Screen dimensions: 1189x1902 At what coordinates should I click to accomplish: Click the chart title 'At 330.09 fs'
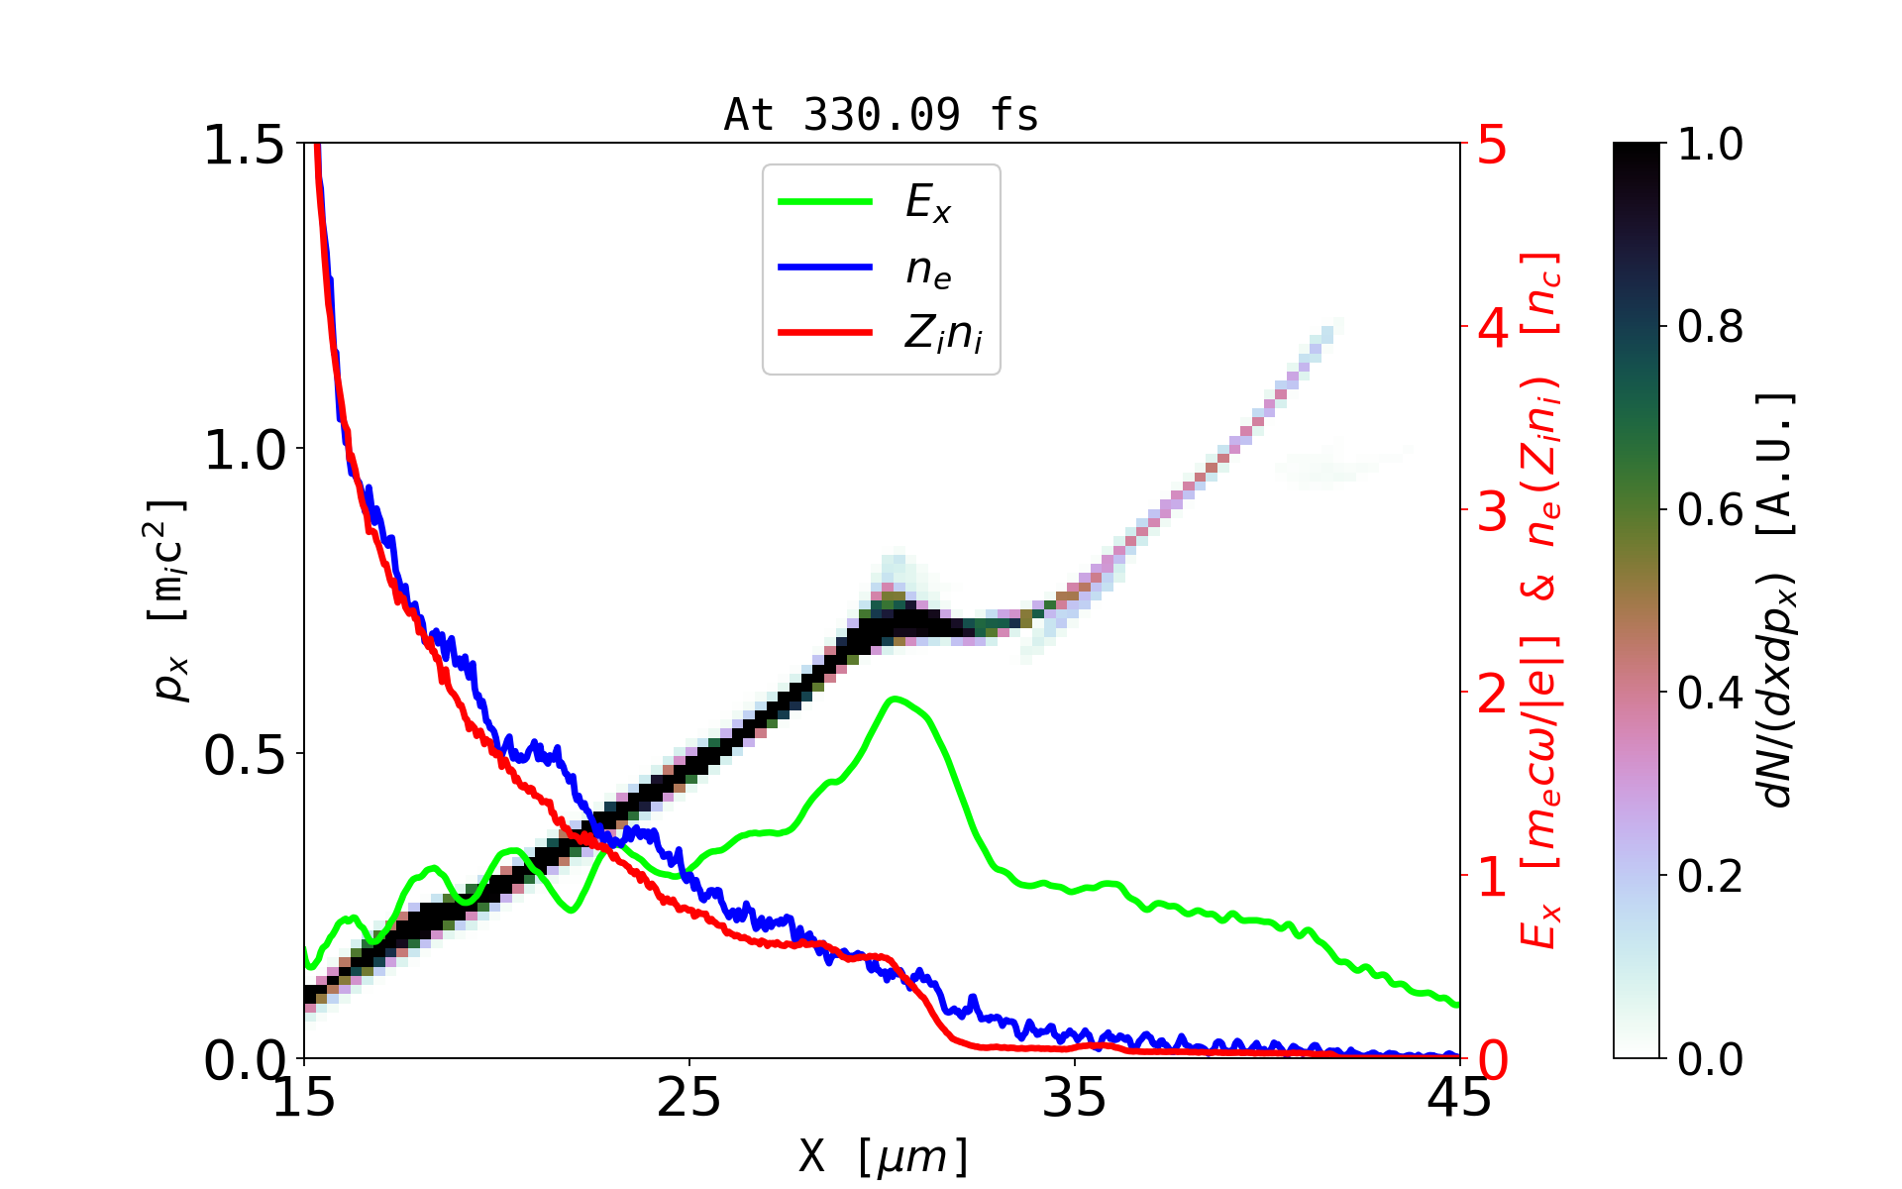(x=881, y=116)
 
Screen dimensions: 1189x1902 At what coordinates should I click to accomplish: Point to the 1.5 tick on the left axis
(x=244, y=146)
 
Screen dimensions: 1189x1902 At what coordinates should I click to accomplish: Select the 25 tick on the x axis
(x=689, y=1098)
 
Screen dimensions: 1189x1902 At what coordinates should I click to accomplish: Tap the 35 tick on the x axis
(x=1075, y=1098)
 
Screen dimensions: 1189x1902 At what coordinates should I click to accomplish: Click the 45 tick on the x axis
(x=1460, y=1098)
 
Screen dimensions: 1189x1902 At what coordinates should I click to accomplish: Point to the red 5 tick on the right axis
(x=1493, y=146)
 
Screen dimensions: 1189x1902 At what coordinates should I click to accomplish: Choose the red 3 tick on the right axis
(x=1493, y=511)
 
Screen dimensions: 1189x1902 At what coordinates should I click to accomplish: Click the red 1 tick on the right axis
(x=1493, y=877)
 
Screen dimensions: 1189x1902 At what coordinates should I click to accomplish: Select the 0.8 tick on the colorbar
(x=1711, y=327)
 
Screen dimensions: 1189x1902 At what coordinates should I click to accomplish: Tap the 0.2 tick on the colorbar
(x=1711, y=876)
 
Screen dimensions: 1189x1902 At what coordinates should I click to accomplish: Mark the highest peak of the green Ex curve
(x=895, y=699)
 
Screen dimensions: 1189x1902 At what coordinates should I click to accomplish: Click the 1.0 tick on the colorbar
(x=1711, y=145)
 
